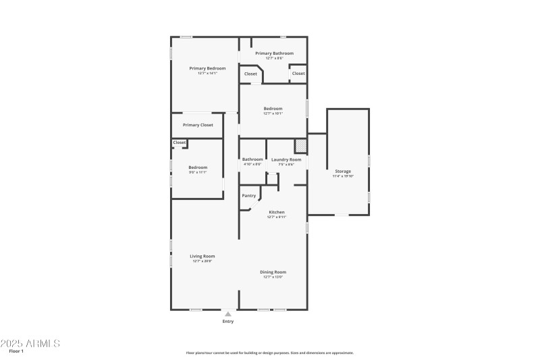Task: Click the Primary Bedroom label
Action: [207, 68]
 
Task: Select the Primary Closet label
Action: [198, 125]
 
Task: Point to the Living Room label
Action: [202, 256]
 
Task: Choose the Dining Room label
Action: [273, 272]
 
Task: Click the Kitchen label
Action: [277, 212]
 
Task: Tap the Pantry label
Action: [248, 195]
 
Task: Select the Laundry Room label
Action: [281, 159]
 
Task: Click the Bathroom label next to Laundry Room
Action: [252, 159]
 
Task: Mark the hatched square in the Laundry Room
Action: [300, 146]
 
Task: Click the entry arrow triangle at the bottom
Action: [228, 314]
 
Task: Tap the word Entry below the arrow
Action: [228, 322]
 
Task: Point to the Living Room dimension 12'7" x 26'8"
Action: [202, 261]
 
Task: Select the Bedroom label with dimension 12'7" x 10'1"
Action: [273, 108]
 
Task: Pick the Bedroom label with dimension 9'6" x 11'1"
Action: [198, 167]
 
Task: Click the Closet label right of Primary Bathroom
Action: [298, 73]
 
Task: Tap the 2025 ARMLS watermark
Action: [30, 343]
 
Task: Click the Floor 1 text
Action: [16, 352]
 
